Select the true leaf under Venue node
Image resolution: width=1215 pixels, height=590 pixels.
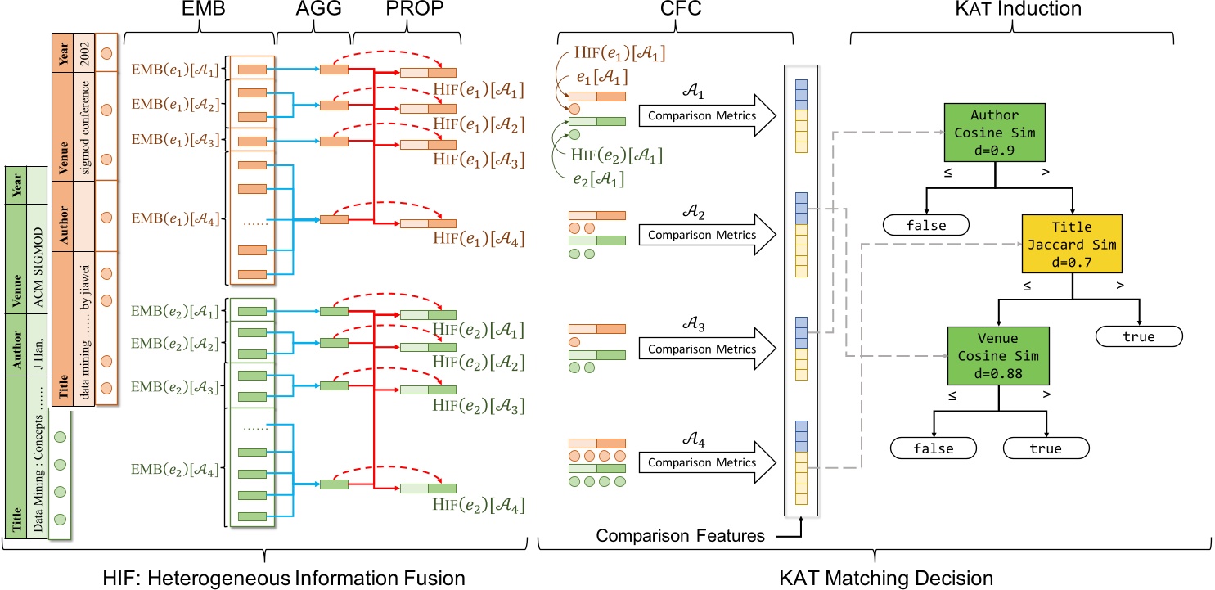click(x=1046, y=448)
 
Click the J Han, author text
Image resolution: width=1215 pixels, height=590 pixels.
click(x=37, y=345)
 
